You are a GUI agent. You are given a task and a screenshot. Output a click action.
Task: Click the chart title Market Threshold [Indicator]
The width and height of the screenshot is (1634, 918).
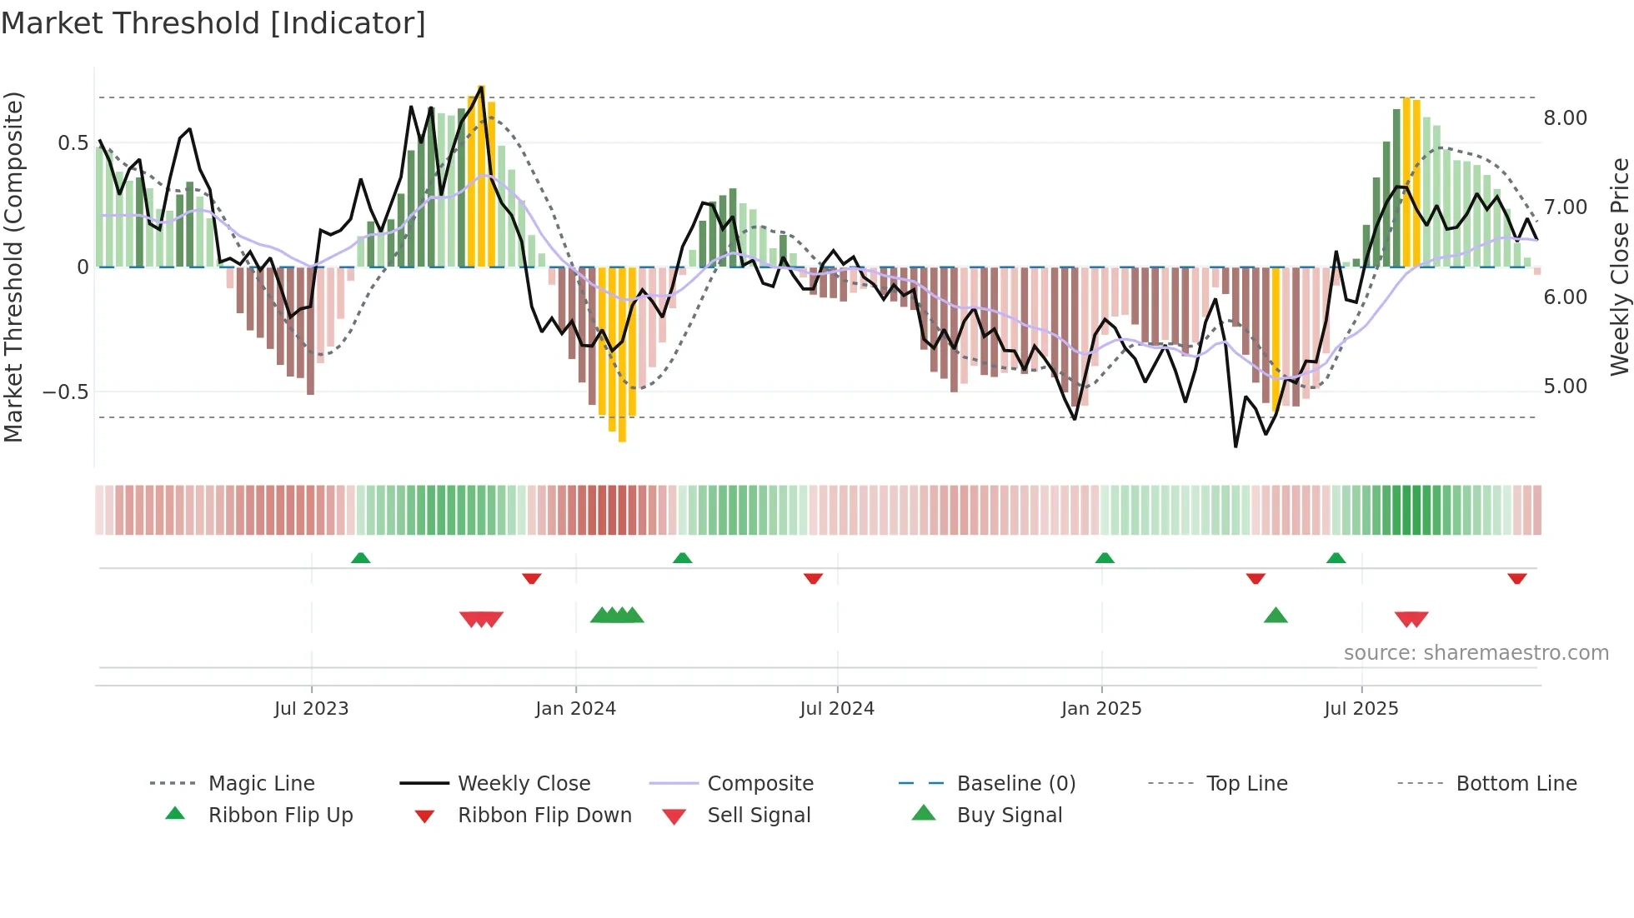(213, 23)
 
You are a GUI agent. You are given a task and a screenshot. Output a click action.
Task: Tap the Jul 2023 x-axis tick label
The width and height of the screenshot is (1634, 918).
(311, 709)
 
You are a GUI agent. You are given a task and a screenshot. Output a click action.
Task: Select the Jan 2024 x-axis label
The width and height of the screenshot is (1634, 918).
(575, 709)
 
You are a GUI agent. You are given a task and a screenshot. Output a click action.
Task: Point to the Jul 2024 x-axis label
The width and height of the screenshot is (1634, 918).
(837, 709)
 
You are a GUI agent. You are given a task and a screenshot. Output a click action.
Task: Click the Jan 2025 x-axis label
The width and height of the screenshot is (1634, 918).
(1101, 709)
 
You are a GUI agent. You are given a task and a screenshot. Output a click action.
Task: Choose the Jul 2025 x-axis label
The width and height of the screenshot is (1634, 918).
(1361, 709)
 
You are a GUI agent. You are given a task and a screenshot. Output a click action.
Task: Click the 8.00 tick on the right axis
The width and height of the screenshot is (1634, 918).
(1565, 118)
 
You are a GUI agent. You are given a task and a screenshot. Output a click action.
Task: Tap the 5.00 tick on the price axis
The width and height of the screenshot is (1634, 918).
(1565, 387)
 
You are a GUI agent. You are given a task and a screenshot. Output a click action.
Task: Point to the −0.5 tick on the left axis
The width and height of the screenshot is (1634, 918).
(65, 392)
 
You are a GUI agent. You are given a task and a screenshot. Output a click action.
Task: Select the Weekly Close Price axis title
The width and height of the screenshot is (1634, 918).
(1619, 267)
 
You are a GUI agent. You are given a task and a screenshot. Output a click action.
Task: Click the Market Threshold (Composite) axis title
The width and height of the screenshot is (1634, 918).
(13, 267)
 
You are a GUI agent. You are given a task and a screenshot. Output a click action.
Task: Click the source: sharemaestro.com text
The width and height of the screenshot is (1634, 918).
(1476, 653)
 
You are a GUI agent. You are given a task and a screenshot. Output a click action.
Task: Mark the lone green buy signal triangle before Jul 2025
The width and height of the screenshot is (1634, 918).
(1276, 616)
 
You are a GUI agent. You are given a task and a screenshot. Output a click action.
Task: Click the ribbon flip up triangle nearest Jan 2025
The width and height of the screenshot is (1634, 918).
(1105, 558)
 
